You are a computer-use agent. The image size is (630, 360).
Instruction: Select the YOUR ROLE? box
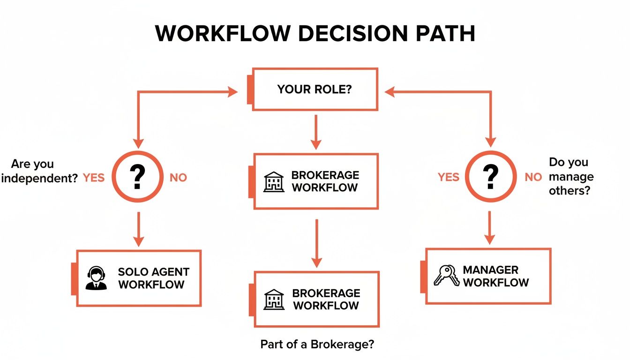point(315,89)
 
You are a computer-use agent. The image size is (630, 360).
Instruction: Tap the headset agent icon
point(96,278)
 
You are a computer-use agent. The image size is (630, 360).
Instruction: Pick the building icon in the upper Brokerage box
point(274,181)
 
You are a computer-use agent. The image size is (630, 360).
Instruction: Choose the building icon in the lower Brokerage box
point(274,299)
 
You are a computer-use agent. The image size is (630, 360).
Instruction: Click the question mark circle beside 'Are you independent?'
point(137,177)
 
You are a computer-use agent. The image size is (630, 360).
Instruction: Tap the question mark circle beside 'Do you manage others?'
point(489,177)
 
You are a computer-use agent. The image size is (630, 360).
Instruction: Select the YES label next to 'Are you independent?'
point(94,178)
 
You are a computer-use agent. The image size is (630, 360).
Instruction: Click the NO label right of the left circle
point(178,178)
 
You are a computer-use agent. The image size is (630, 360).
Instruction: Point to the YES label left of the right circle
point(449,177)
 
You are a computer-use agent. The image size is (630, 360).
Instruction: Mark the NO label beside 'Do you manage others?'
point(533,177)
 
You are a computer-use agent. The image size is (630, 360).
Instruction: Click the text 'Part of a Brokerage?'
point(317,345)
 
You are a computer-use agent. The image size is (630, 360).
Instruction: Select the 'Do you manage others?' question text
point(570,177)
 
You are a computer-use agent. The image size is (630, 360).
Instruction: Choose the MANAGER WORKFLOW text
point(495,276)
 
